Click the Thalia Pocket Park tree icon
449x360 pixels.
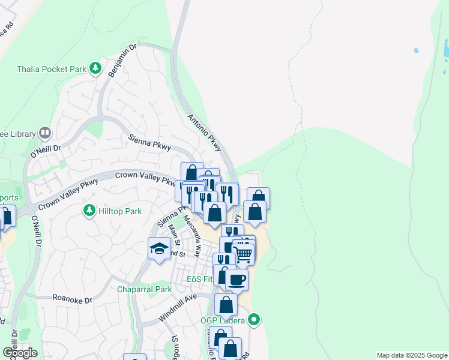tap(95, 68)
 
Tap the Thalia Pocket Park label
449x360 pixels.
tap(52, 68)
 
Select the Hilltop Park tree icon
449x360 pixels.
tap(89, 210)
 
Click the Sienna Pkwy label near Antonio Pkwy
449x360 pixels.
tap(150, 142)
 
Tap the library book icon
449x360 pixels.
tap(45, 133)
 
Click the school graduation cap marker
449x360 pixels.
tap(159, 248)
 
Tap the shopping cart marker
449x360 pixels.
tap(243, 254)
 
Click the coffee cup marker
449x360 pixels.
tap(237, 279)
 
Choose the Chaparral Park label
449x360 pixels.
tap(144, 289)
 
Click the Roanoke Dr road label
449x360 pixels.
tap(72, 299)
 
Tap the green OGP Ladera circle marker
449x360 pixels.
tap(255, 320)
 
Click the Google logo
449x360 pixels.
tap(20, 353)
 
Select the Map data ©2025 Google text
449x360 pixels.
tap(412, 355)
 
